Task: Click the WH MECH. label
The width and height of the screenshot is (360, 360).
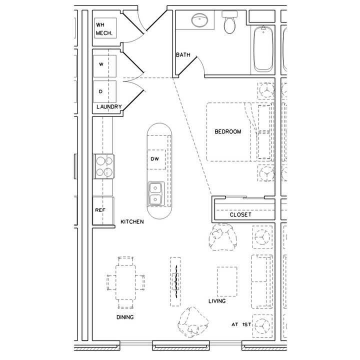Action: [104, 29]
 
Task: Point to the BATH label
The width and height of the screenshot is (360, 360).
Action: [183, 55]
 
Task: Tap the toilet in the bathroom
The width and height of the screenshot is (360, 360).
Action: [230, 23]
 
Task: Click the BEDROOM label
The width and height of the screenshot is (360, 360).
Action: [228, 132]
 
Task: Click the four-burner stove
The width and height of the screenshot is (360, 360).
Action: [104, 166]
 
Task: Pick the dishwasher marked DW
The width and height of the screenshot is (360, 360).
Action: [155, 159]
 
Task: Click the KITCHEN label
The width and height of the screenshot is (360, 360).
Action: [132, 221]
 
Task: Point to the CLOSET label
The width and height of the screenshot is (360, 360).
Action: [240, 215]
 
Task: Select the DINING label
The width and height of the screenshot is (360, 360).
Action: [125, 317]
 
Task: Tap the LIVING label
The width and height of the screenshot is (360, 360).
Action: [217, 301]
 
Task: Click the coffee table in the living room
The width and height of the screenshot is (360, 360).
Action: [226, 281]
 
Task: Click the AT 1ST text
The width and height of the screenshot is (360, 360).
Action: [240, 324]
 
